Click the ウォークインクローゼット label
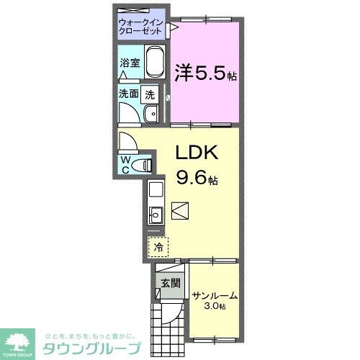tap(141, 27)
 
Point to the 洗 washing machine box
tap(150, 93)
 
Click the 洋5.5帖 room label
tap(205, 72)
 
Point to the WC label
tap(125, 165)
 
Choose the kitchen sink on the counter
tap(156, 214)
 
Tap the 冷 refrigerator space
tap(158, 247)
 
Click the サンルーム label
tap(215, 295)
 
